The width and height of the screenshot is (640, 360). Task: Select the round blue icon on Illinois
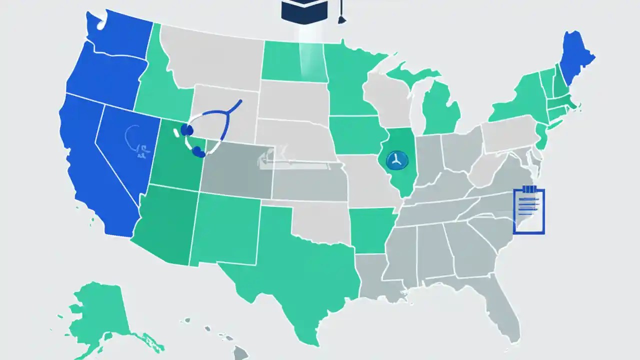coord(397,160)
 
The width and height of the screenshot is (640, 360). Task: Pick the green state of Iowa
coord(355,135)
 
